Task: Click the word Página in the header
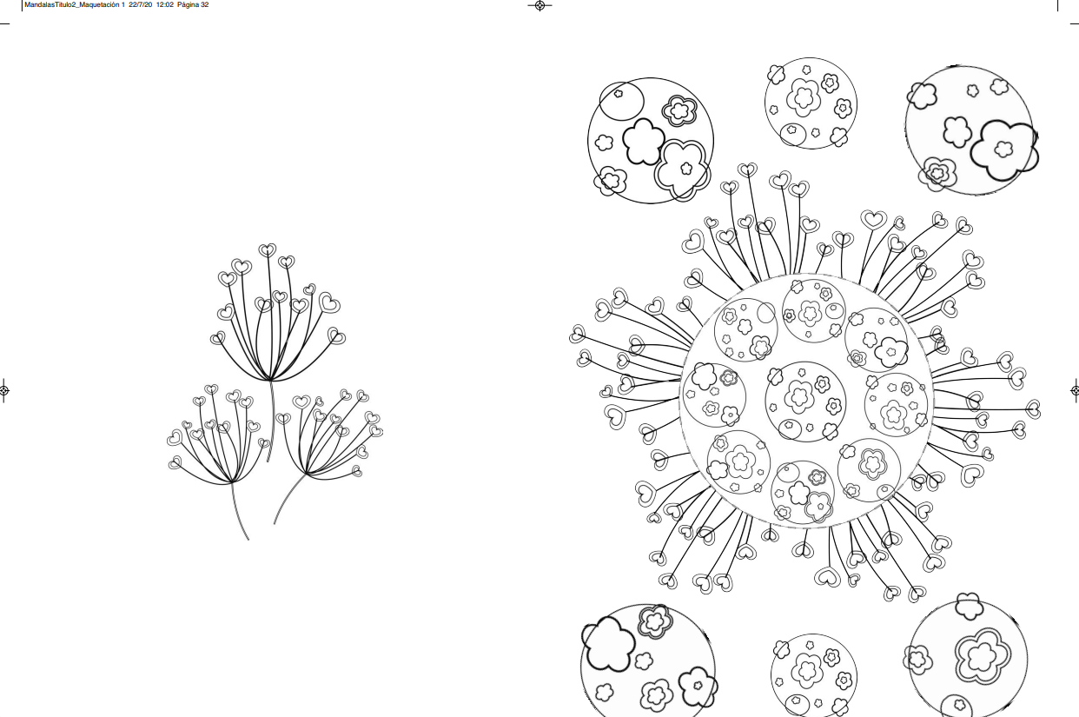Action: pos(188,5)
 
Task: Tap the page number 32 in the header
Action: pos(205,5)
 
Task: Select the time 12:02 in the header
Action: pos(165,5)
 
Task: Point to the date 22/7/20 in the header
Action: pos(141,5)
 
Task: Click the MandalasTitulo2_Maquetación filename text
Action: pos(72,5)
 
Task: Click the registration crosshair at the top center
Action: pos(539,5)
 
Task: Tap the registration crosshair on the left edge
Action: pos(3,390)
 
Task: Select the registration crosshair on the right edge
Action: pos(1075,390)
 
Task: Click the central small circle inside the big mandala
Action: pos(805,402)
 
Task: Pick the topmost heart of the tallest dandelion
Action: pos(268,250)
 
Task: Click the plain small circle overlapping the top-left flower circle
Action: pos(621,101)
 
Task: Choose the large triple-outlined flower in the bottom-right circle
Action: pos(983,654)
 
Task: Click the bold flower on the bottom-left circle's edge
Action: pos(608,644)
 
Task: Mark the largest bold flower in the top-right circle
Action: pos(1004,150)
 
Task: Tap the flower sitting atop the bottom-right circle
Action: pos(969,606)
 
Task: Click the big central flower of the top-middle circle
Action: pos(804,97)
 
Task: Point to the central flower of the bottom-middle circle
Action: pos(807,669)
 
